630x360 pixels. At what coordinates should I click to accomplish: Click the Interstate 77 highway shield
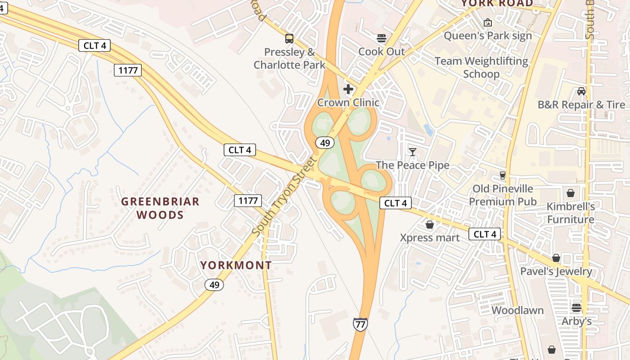click(360, 324)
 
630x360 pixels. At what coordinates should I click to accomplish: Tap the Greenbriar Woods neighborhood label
click(160, 208)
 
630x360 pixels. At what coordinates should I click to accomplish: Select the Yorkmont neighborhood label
click(236, 265)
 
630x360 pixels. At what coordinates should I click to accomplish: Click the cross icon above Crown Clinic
click(348, 89)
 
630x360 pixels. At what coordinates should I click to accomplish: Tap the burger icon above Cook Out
click(382, 38)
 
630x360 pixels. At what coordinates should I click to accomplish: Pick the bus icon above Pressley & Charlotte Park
click(289, 39)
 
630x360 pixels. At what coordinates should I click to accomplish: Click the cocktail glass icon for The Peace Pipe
click(413, 152)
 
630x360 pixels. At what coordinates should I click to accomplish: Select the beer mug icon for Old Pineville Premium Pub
click(503, 175)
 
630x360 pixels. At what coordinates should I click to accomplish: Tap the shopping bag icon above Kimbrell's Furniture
click(571, 193)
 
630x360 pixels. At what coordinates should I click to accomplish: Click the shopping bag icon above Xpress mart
click(430, 224)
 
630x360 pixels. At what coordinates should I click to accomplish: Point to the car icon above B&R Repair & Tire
click(581, 91)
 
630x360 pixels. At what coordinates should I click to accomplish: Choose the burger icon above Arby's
click(576, 308)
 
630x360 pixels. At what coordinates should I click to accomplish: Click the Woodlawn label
click(517, 310)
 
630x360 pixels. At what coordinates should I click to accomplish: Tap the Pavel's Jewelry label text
click(556, 271)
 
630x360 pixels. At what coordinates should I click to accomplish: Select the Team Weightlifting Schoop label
click(481, 67)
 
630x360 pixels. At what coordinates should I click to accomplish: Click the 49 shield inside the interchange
click(324, 143)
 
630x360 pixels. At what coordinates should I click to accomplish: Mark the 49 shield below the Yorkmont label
click(214, 284)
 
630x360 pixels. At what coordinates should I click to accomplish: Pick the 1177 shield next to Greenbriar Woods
click(247, 201)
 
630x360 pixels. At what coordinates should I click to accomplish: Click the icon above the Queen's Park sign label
click(487, 22)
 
